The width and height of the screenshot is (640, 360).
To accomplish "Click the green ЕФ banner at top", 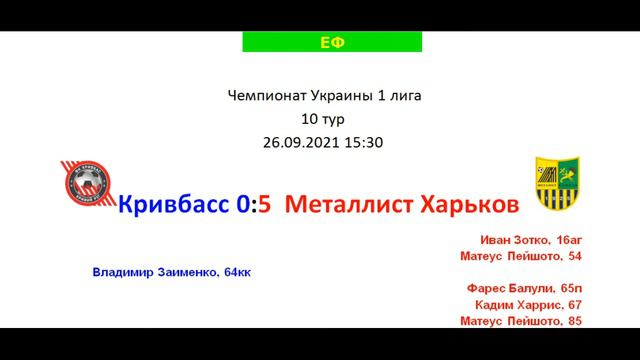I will (331, 41).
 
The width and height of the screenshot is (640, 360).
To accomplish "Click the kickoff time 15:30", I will (363, 142).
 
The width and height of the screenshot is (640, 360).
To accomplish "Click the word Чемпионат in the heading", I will (264, 96).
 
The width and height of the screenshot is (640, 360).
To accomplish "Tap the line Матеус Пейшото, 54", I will (521, 256).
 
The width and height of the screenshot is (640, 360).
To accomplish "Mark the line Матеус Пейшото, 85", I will (521, 320).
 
